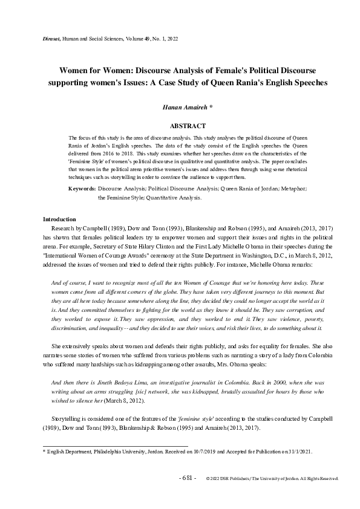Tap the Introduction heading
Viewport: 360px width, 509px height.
pos(59,218)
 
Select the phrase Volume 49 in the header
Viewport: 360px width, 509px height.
pos(134,38)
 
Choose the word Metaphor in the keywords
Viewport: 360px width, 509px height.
pos(295,189)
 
